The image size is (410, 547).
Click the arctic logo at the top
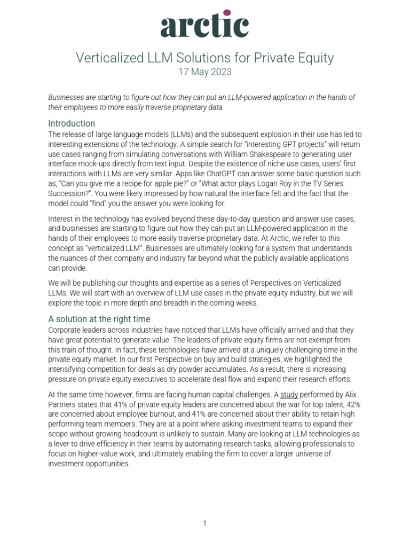click(x=204, y=25)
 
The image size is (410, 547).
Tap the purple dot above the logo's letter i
click(x=227, y=13)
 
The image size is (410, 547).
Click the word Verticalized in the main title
click(x=104, y=58)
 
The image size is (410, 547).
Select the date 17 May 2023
click(x=204, y=72)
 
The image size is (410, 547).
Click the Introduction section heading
click(x=72, y=123)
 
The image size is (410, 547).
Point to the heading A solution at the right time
click(x=100, y=319)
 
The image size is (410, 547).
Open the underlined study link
click(x=289, y=395)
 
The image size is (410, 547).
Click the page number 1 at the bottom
click(x=204, y=523)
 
